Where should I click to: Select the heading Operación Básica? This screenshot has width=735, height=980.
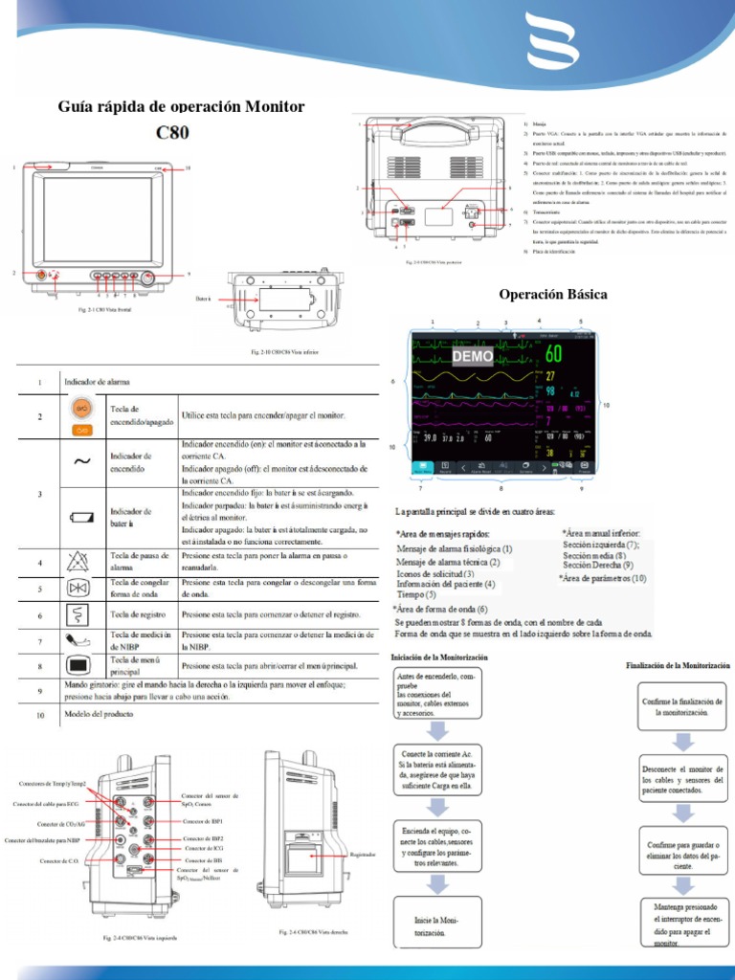pos(553,293)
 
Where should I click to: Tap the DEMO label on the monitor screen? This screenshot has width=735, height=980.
pos(472,356)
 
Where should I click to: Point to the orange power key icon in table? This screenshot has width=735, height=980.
pos(82,409)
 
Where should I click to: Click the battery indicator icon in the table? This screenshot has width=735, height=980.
pos(82,517)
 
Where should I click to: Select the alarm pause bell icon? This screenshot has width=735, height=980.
pos(82,562)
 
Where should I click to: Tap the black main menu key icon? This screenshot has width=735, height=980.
pos(82,665)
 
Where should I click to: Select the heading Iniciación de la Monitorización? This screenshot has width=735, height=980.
pos(439,658)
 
